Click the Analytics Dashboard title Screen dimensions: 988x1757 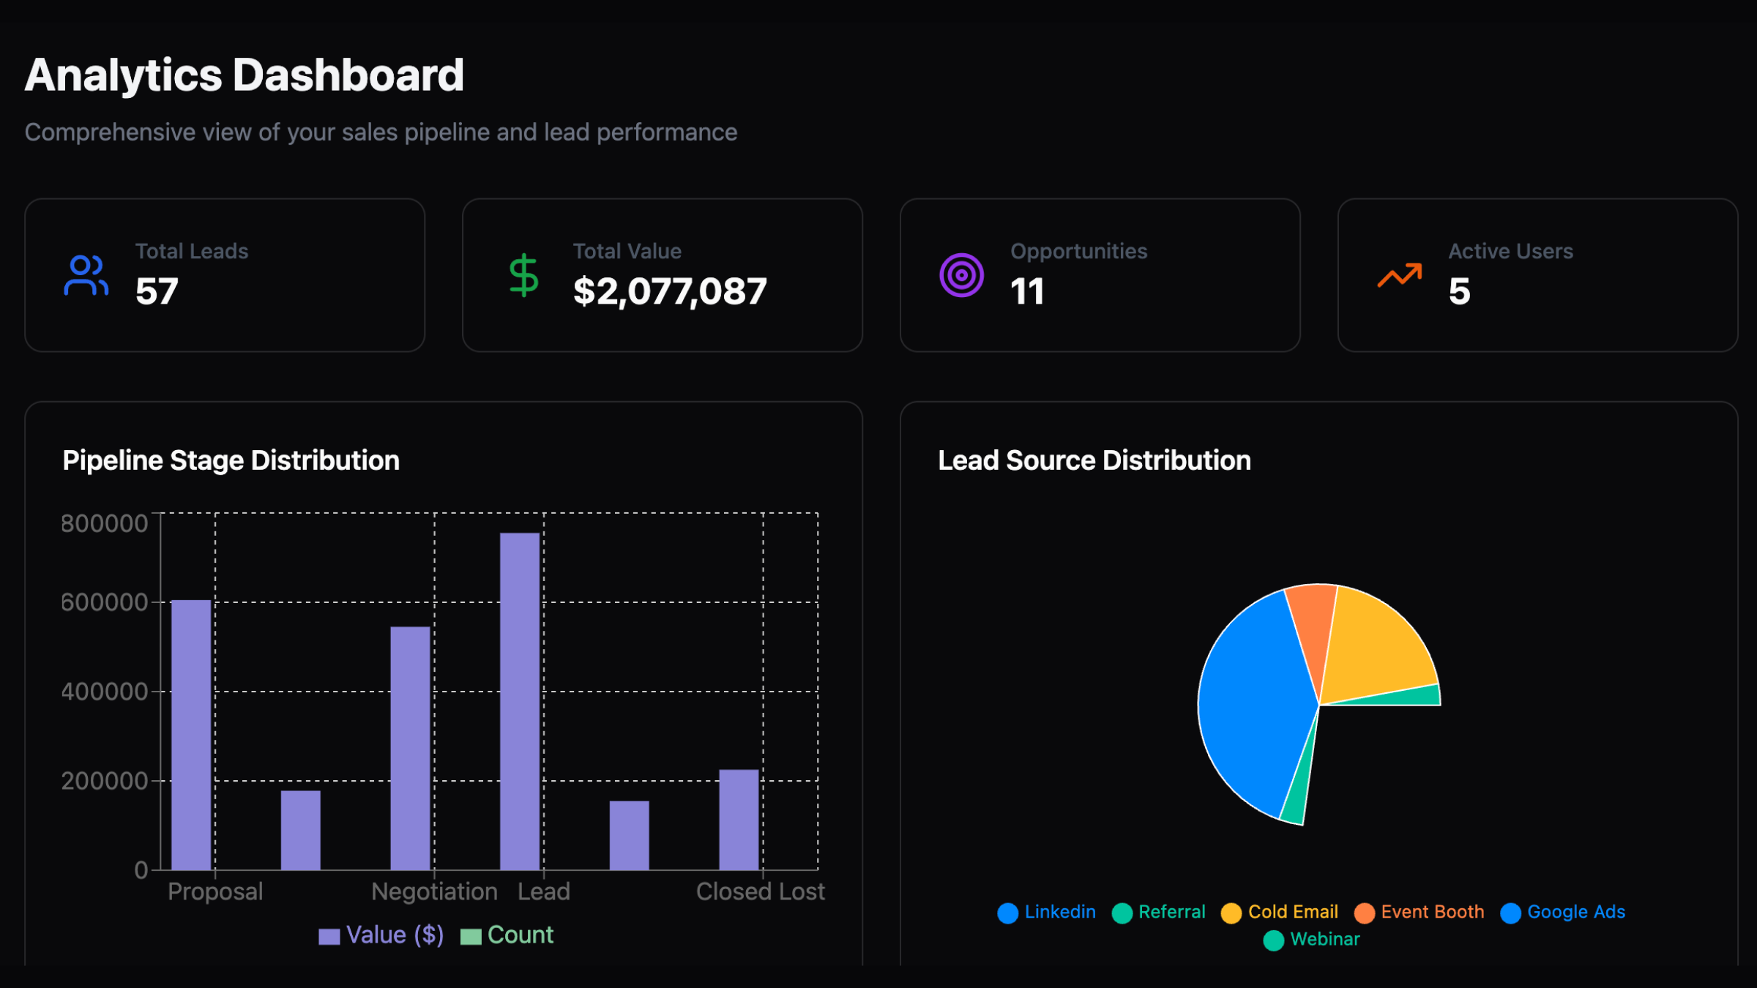pos(245,75)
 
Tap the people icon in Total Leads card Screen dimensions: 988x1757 pos(86,275)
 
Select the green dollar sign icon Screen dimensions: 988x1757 pos(523,275)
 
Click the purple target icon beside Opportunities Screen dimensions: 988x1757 pos(961,275)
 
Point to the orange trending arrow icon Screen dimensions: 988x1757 pos(1399,275)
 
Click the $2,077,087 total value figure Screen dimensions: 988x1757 pos(669,291)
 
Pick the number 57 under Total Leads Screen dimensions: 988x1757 pos(157,291)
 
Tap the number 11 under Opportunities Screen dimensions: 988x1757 pos(1027,291)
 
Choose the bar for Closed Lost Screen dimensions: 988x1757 pos(739,819)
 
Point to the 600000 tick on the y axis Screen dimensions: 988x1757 pos(105,602)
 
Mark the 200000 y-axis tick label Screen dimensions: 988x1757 pos(105,781)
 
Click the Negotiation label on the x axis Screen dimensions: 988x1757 pos(434,891)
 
